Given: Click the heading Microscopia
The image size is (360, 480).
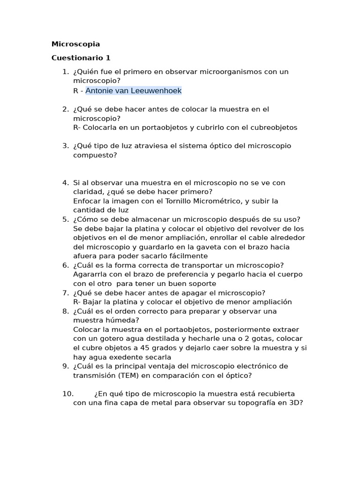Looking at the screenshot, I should pos(75,44).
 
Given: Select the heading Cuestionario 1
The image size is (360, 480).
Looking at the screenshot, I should pos(81,58).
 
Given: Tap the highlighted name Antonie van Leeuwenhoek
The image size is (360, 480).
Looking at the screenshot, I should pos(133,90).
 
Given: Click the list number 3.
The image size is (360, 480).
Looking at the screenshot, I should pos(65,146).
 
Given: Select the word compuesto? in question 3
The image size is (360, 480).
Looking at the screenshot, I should pos(95,155).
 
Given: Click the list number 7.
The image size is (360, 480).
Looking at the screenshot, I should pos(65,293).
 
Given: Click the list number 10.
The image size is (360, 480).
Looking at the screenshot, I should pos(67,394).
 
